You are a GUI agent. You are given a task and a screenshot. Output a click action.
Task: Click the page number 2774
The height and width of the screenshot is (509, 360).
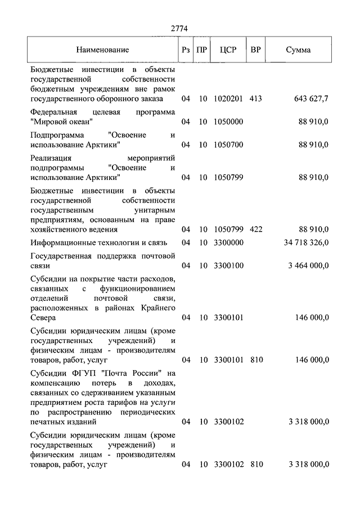tap(180, 28)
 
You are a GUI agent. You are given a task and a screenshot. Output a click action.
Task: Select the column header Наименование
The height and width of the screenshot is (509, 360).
tap(103, 49)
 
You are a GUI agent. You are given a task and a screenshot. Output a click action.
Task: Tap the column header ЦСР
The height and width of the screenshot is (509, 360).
tap(228, 49)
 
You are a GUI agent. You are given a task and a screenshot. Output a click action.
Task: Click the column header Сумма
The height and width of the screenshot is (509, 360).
tap(298, 49)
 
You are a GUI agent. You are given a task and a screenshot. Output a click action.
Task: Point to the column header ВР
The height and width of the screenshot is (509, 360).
tap(256, 49)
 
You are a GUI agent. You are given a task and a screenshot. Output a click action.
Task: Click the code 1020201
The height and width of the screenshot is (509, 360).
tap(228, 98)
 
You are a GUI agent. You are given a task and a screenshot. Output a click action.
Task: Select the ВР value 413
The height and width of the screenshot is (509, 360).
tap(256, 98)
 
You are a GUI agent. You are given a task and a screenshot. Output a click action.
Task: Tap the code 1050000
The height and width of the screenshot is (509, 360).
tap(228, 121)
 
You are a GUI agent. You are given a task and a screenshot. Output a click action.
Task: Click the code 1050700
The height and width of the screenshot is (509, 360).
tap(228, 145)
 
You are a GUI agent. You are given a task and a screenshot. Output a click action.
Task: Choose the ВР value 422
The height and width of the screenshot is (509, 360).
tap(256, 229)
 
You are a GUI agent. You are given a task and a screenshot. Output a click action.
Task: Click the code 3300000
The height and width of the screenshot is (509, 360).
tap(228, 242)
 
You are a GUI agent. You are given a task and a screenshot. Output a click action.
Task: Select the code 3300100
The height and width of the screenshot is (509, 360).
tap(228, 265)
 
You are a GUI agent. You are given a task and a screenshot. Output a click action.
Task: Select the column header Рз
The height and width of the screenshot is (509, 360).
tap(186, 49)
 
